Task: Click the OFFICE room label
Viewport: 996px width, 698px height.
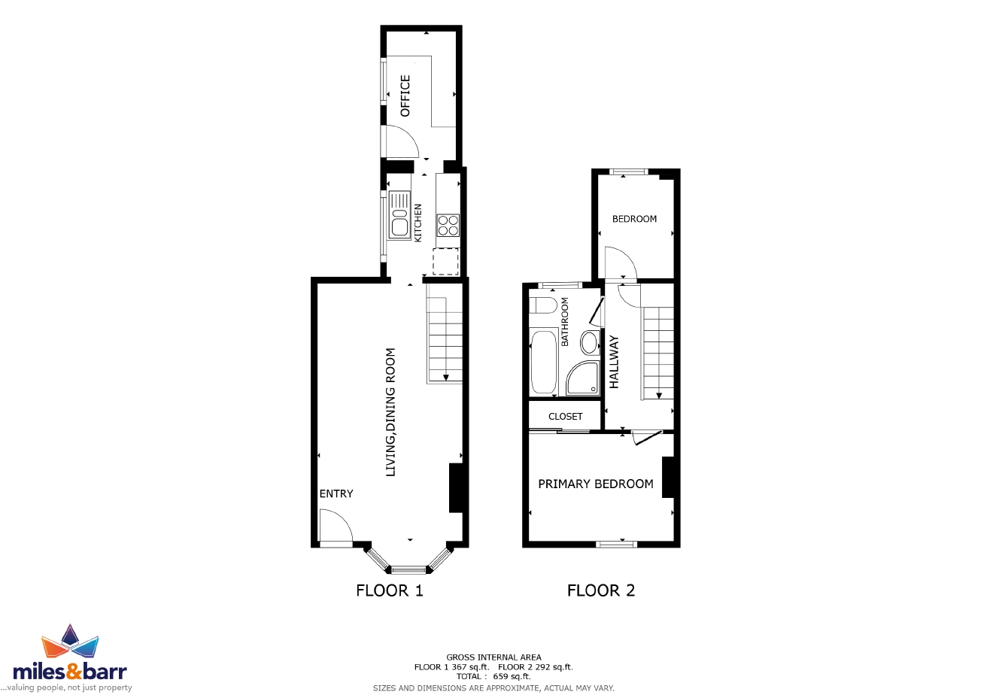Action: tap(405, 96)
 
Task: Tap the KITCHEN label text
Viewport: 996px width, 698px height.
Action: tap(418, 223)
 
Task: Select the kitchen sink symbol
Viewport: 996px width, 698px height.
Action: tap(399, 216)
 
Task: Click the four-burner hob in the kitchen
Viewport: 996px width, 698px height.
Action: tap(448, 226)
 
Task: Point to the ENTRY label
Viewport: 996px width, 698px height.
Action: tap(336, 493)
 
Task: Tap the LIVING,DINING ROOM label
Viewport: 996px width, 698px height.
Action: tap(390, 412)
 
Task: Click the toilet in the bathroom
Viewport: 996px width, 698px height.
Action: tap(543, 305)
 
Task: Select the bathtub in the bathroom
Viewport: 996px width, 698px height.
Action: tap(543, 362)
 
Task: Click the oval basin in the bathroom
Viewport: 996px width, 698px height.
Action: tap(590, 343)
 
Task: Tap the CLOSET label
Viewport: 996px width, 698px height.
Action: tap(565, 417)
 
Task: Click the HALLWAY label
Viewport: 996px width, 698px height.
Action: tap(614, 362)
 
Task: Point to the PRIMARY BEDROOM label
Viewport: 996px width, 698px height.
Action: tap(596, 484)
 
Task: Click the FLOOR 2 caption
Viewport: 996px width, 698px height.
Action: tap(601, 590)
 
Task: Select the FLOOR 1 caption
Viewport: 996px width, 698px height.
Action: tap(390, 590)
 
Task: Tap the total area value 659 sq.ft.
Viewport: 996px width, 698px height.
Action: tap(512, 676)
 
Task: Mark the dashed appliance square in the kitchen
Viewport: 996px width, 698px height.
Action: tap(445, 262)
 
